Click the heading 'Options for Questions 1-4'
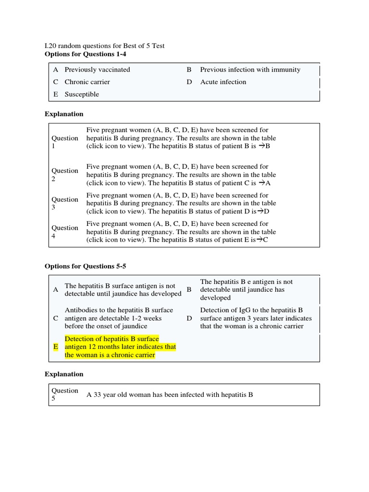pyautogui.click(x=86, y=54)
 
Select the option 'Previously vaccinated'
pyautogui.click(x=97, y=70)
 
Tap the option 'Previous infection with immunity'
pyautogui.click(x=250, y=70)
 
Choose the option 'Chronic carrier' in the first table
pyautogui.click(x=87, y=82)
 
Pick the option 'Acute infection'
pyautogui.click(x=223, y=82)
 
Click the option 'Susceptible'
pyautogui.click(x=82, y=95)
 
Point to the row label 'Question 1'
pyautogui.click(x=64, y=142)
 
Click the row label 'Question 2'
pyautogui.click(x=64, y=175)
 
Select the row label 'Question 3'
pyautogui.click(x=64, y=203)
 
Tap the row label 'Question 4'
pyautogui.click(x=64, y=232)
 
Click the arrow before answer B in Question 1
pyautogui.click(x=261, y=147)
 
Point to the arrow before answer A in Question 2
pyautogui.click(x=262, y=183)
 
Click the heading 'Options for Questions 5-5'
pyautogui.click(x=86, y=266)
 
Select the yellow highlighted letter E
pyautogui.click(x=56, y=347)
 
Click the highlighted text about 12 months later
pyautogui.click(x=120, y=347)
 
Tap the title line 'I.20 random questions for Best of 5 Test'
pyautogui.click(x=104, y=46)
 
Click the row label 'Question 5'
pyautogui.click(x=64, y=394)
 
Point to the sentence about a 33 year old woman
pyautogui.click(x=170, y=395)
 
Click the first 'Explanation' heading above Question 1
pyautogui.click(x=64, y=114)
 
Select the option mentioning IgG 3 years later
pyautogui.click(x=256, y=318)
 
